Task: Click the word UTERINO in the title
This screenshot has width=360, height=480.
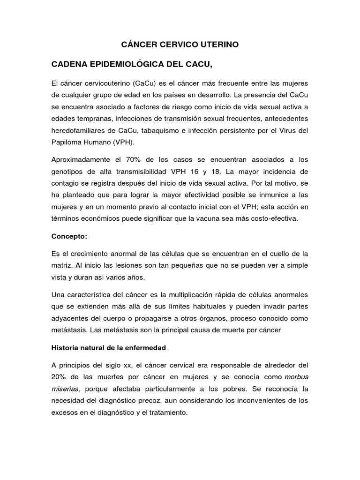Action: (x=218, y=45)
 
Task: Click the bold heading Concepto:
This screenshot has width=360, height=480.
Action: (x=69, y=236)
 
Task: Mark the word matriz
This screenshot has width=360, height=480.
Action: (x=60, y=266)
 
